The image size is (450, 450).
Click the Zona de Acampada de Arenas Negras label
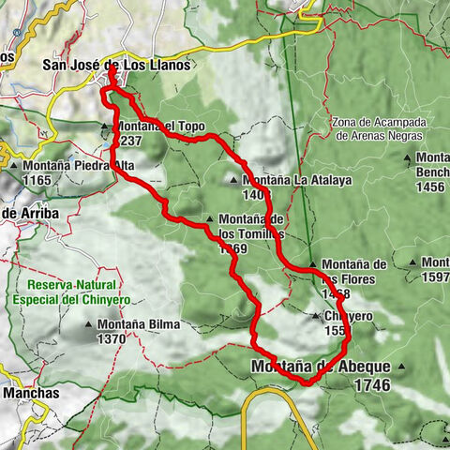(378, 129)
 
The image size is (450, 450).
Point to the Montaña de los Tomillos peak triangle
(209, 221)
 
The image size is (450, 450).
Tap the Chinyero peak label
(347, 317)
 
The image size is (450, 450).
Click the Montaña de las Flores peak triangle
(312, 265)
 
